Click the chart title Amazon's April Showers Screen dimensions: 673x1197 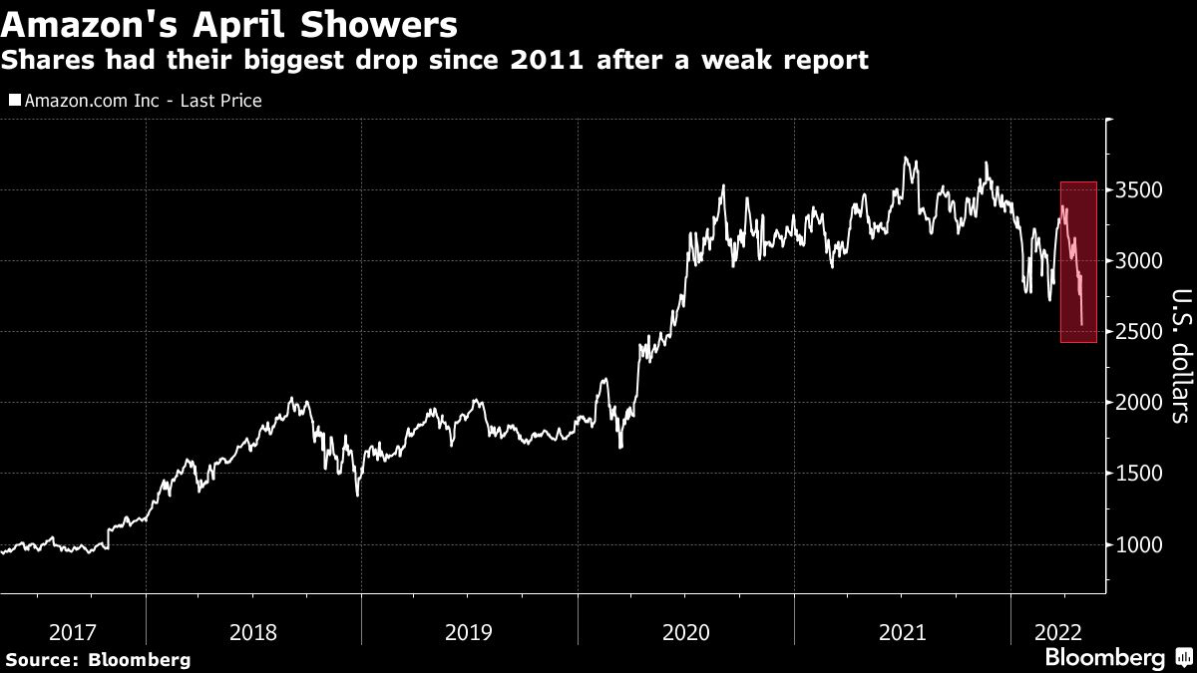230,23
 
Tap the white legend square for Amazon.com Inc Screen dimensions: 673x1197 14,101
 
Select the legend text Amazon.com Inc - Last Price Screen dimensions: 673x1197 142,101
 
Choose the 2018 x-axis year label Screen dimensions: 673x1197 253,632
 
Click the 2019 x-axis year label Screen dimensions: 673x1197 470,632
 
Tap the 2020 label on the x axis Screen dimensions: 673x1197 686,632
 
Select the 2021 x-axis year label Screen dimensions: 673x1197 903,632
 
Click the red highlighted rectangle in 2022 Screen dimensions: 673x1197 1078,262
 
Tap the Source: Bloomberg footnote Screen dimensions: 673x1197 97,659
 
